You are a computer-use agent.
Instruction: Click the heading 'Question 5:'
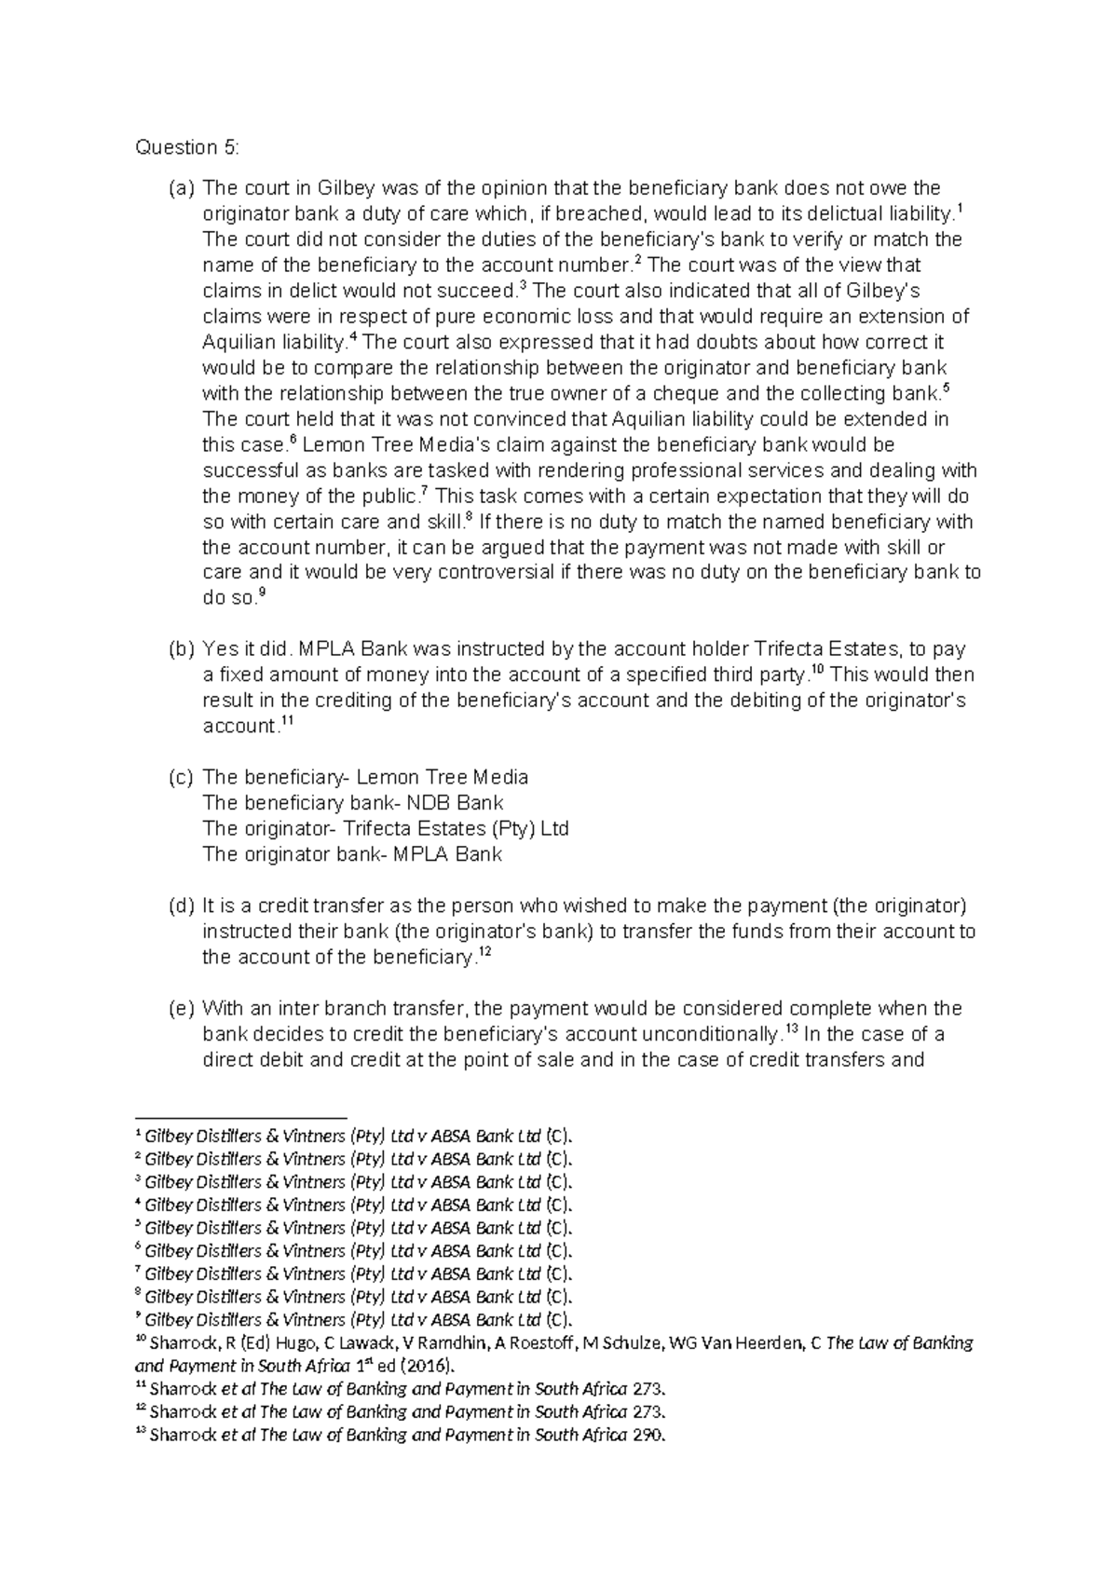[x=187, y=147]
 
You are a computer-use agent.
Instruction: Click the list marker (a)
[x=180, y=188]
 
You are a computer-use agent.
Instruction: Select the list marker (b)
[x=180, y=649]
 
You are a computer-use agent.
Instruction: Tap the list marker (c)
[x=180, y=777]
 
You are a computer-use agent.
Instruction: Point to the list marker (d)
[x=180, y=906]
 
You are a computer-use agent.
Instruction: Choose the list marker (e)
[x=180, y=1008]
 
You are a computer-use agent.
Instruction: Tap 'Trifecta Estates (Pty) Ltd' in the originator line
[x=456, y=828]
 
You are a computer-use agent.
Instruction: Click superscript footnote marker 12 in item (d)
[x=483, y=951]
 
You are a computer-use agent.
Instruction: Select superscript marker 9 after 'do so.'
[x=262, y=592]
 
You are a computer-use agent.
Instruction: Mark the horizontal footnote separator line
[x=240, y=1117]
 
